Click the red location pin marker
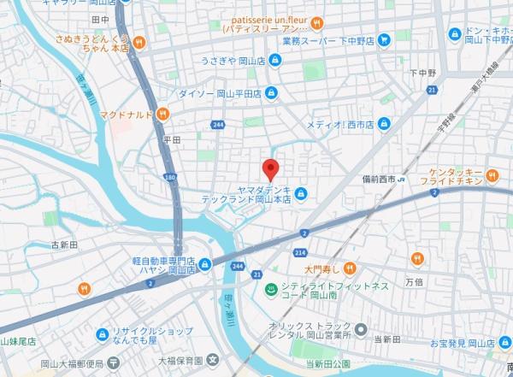[270, 168]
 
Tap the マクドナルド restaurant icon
[161, 114]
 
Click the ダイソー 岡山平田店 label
[218, 93]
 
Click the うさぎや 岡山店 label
[231, 61]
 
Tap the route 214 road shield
[301, 253]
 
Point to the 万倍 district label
[414, 280]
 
